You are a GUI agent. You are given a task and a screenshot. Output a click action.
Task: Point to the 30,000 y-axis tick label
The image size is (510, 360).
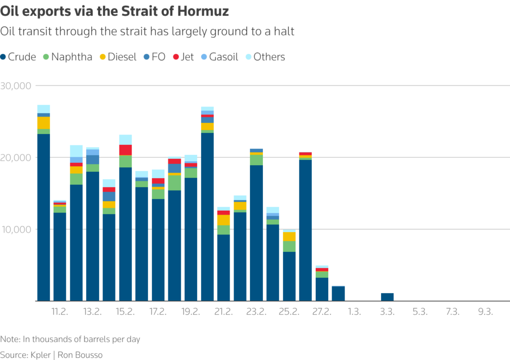tap(15, 86)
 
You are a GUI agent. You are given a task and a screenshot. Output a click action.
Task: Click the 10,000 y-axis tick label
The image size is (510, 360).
tap(15, 230)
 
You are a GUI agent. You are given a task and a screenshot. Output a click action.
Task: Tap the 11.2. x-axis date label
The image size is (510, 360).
tap(60, 312)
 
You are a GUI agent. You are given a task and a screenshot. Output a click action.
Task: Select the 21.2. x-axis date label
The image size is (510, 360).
tap(224, 312)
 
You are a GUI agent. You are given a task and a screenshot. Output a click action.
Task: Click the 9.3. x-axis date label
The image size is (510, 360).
tap(485, 312)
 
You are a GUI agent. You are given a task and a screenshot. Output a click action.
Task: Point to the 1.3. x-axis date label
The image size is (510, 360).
tap(355, 312)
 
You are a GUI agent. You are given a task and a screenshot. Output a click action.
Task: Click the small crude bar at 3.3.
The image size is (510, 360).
tap(387, 297)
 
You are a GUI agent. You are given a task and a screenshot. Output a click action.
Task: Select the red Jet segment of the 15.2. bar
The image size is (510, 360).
tap(126, 150)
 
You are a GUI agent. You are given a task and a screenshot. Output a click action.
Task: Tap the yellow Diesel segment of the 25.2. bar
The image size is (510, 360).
tap(289, 237)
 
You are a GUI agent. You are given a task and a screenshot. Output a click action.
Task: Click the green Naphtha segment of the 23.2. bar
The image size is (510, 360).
tap(256, 160)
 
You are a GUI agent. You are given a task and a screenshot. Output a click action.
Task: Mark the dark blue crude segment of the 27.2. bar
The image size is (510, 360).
tap(322, 289)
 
